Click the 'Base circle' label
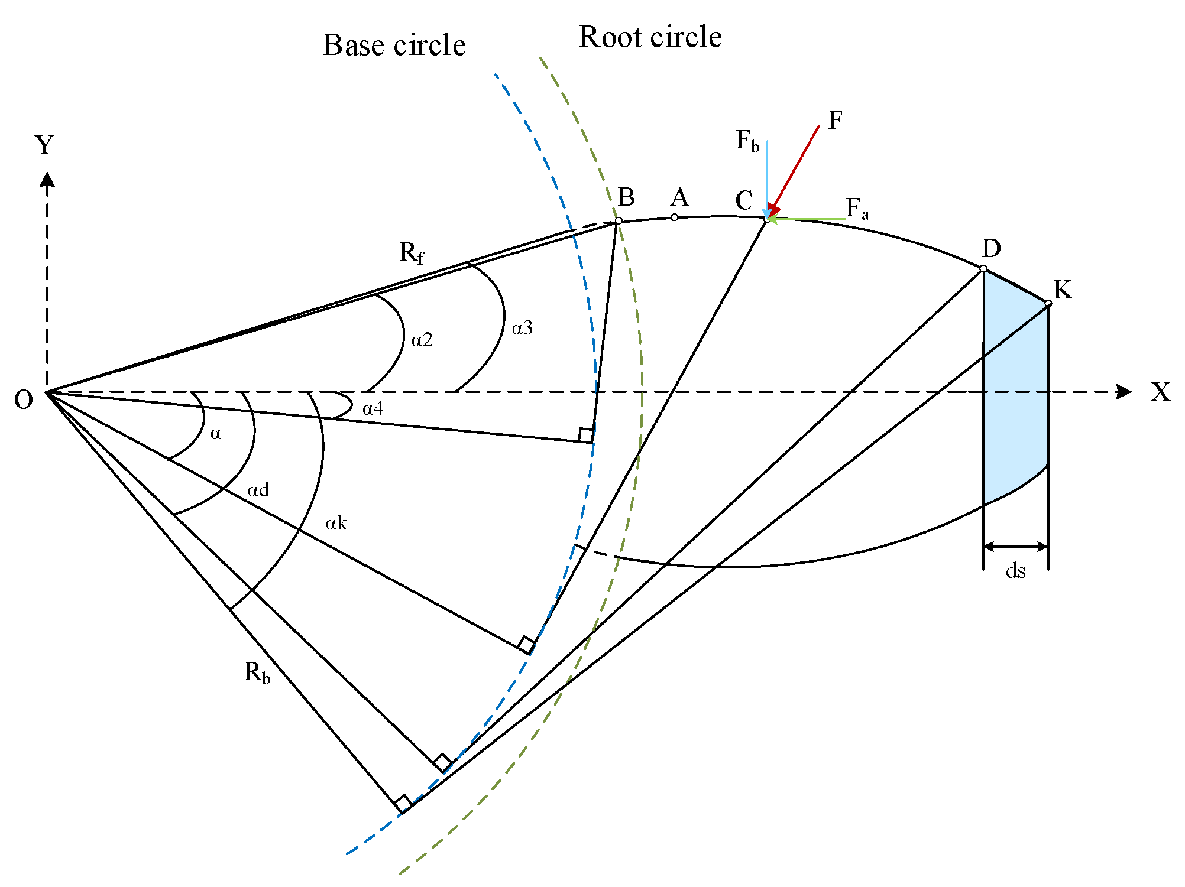pyautogui.click(x=394, y=46)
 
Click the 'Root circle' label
pyautogui.click(x=650, y=37)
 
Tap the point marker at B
pyautogui.click(x=619, y=220)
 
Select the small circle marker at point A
pyautogui.click(x=674, y=217)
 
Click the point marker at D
pyautogui.click(x=983, y=269)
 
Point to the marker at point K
pyautogui.click(x=1048, y=303)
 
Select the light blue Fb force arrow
pyautogui.click(x=767, y=177)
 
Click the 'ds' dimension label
pyautogui.click(x=1015, y=571)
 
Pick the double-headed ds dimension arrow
pyautogui.click(x=1015, y=547)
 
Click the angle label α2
pyautogui.click(x=422, y=340)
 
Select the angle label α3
pyautogui.click(x=522, y=328)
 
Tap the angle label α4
pyautogui.click(x=373, y=408)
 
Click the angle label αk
pyautogui.click(x=336, y=523)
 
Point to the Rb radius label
pyautogui.click(x=257, y=672)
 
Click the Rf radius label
pyautogui.click(x=412, y=253)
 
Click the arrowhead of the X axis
pyautogui.click(x=1124, y=391)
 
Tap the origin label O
pyautogui.click(x=24, y=400)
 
